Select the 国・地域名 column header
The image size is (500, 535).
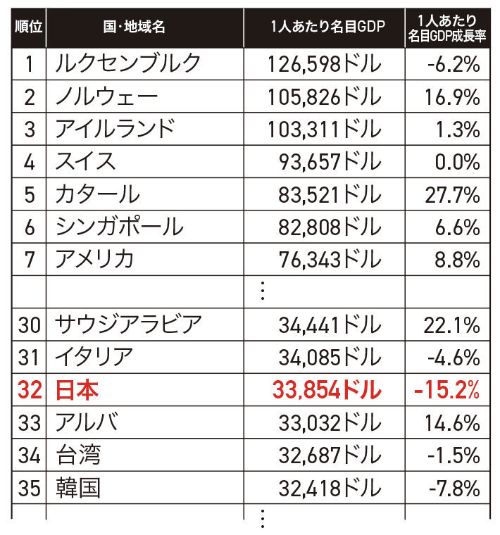pyautogui.click(x=134, y=27)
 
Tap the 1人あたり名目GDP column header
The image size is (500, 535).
pyautogui.click(x=323, y=27)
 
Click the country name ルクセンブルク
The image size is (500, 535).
pyautogui.click(x=127, y=64)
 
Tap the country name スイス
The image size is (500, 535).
pyautogui.click(x=86, y=162)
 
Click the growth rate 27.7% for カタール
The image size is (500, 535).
pyautogui.click(x=453, y=194)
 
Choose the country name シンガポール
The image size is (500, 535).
pyautogui.click(x=119, y=227)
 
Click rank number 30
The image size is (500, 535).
pyautogui.click(x=29, y=325)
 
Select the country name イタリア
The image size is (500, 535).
pyautogui.click(x=94, y=357)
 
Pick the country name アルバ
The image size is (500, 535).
pyautogui.click(x=86, y=422)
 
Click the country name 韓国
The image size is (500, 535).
pyautogui.click(x=78, y=487)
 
